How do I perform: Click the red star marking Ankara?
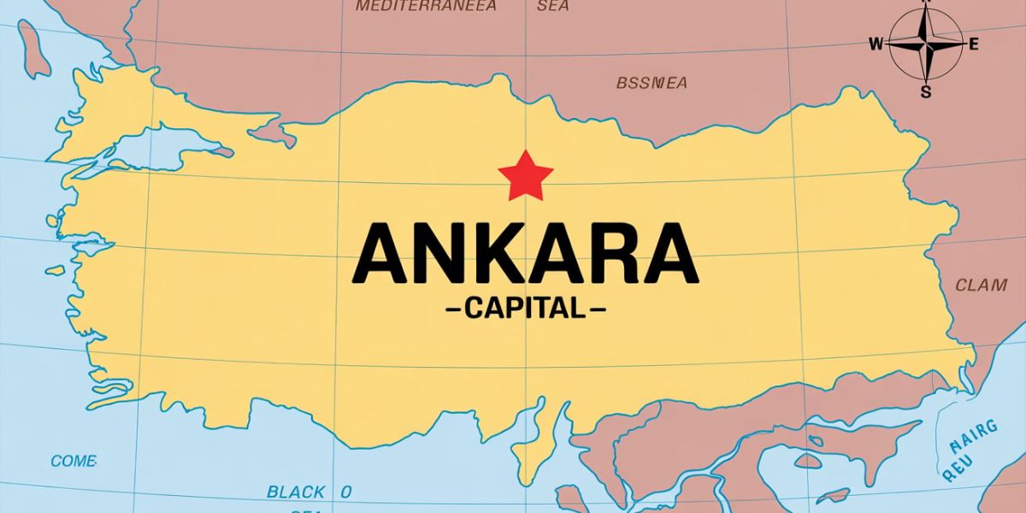[x=525, y=175]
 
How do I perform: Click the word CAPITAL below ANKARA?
[x=525, y=308]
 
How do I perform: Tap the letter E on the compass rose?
[x=973, y=44]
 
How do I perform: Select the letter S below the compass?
[x=925, y=91]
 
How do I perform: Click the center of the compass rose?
[x=925, y=43]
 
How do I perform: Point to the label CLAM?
[x=980, y=285]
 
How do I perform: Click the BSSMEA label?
[x=652, y=83]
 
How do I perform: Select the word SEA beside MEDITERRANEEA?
[x=552, y=7]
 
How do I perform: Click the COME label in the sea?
[x=73, y=461]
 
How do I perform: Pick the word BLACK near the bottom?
[x=296, y=492]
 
